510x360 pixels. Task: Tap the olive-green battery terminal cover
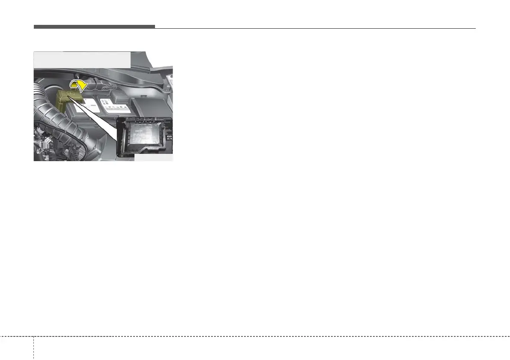coord(64,101)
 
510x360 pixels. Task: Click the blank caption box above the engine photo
coord(82,60)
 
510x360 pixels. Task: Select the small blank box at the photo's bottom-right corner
coord(153,158)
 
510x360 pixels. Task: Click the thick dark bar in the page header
coord(94,27)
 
